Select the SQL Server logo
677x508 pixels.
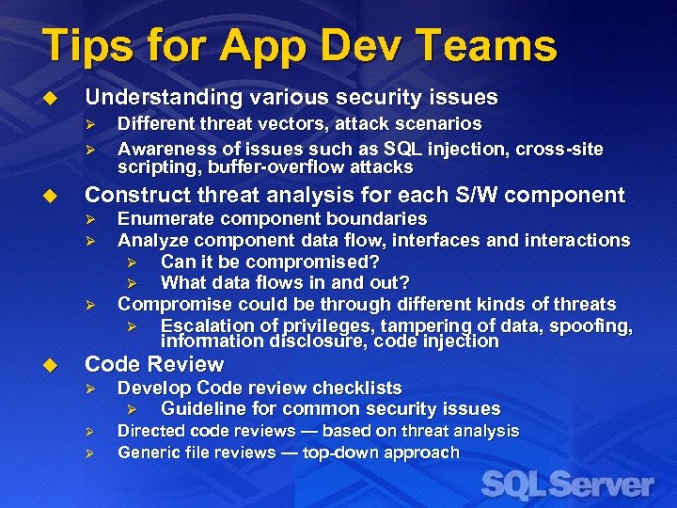click(567, 485)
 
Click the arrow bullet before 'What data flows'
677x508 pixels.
click(133, 283)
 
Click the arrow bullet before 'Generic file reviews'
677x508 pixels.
click(90, 453)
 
